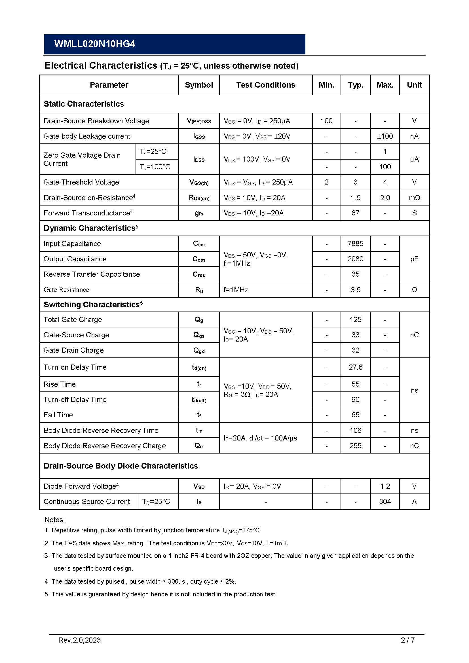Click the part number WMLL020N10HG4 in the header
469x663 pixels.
coord(94,44)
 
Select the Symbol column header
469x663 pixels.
coord(199,85)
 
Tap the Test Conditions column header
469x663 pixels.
coord(265,85)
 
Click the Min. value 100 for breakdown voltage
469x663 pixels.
coord(326,121)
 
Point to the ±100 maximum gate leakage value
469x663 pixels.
coord(385,136)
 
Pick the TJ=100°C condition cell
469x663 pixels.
coord(155,167)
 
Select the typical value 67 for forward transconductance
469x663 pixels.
coord(355,213)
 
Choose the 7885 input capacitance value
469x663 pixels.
coord(355,243)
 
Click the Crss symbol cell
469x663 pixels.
coord(199,274)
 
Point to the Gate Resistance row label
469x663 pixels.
coord(66,290)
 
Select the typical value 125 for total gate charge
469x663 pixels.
coord(355,319)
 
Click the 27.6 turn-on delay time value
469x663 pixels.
coord(355,367)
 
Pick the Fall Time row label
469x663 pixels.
coord(58,415)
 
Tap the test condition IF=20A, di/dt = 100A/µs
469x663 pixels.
coord(260,438)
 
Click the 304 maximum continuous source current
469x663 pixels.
coord(385,501)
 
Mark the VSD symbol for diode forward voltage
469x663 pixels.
coord(199,486)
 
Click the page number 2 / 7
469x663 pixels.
coord(407,648)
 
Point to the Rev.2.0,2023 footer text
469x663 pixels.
coord(79,648)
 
